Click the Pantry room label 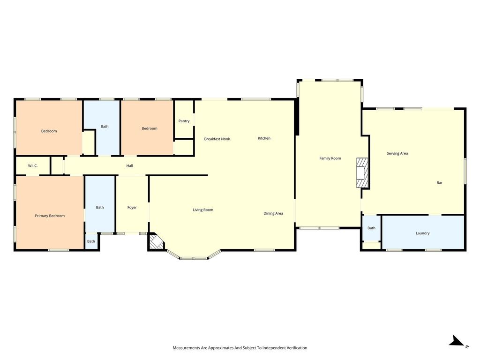184,121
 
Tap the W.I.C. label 33,166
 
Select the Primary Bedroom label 50,216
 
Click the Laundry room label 423,233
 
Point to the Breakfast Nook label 217,139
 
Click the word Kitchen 264,138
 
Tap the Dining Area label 273,213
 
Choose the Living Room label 203,210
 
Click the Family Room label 330,158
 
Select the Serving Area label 397,153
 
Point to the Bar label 439,183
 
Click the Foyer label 132,208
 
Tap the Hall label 129,166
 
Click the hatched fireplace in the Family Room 362,172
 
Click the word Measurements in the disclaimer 187,348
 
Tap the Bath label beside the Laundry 371,228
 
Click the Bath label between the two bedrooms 105,127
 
